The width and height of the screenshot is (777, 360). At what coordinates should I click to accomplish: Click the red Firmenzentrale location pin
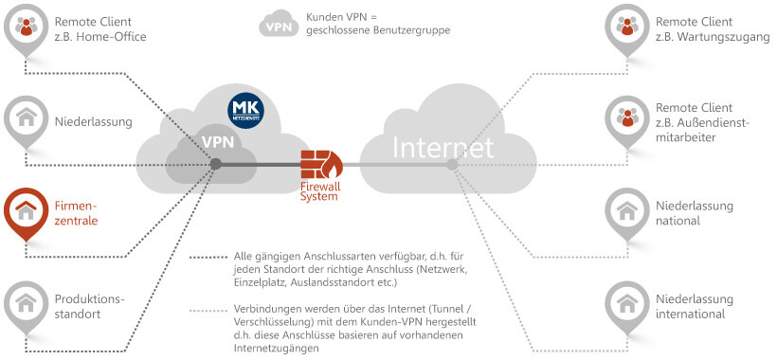click(27, 209)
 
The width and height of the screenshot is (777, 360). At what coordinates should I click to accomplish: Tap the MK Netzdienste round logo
click(246, 111)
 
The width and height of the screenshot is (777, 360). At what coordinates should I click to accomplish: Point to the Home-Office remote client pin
click(27, 27)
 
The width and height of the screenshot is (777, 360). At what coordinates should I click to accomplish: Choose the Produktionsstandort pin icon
click(27, 301)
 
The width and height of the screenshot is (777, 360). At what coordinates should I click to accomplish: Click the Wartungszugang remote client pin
click(625, 27)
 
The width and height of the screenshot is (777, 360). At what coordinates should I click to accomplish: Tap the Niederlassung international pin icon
click(625, 301)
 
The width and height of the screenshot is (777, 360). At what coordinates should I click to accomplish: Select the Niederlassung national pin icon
click(625, 209)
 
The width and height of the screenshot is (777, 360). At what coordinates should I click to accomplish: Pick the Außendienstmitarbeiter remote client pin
click(625, 118)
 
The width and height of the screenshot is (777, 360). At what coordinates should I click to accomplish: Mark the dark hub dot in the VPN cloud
click(216, 164)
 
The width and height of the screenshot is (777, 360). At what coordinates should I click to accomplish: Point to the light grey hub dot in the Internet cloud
click(453, 165)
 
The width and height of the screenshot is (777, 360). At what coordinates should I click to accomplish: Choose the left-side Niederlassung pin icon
click(27, 118)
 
